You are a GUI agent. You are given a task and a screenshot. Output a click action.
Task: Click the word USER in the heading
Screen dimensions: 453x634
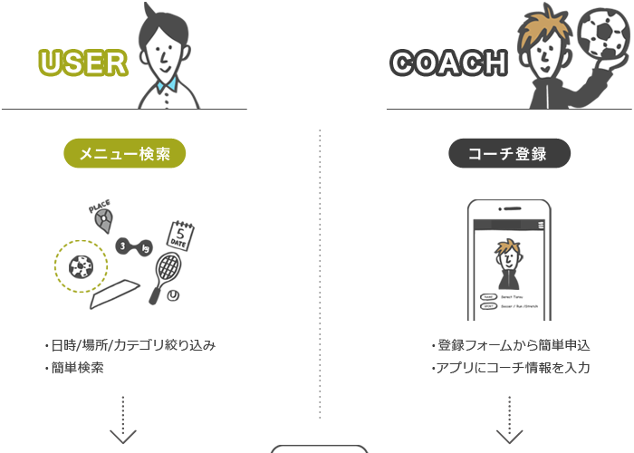83,63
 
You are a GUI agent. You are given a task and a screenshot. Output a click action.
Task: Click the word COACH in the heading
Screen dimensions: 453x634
447,63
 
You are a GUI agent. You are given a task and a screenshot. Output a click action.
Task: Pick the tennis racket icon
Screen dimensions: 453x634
168,268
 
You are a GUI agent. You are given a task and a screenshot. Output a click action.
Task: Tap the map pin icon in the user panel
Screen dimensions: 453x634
105,218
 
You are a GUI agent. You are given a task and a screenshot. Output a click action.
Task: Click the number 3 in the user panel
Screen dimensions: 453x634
121,246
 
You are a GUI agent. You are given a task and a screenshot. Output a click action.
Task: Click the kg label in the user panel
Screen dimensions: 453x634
143,246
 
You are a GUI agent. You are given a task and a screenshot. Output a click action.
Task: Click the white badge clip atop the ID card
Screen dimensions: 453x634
509,209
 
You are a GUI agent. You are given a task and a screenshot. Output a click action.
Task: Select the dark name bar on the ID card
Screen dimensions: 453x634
508,302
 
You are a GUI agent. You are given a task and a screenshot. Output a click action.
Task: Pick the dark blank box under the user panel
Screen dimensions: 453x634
130,356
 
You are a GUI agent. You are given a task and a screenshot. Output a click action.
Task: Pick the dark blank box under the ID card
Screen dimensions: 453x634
510,356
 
